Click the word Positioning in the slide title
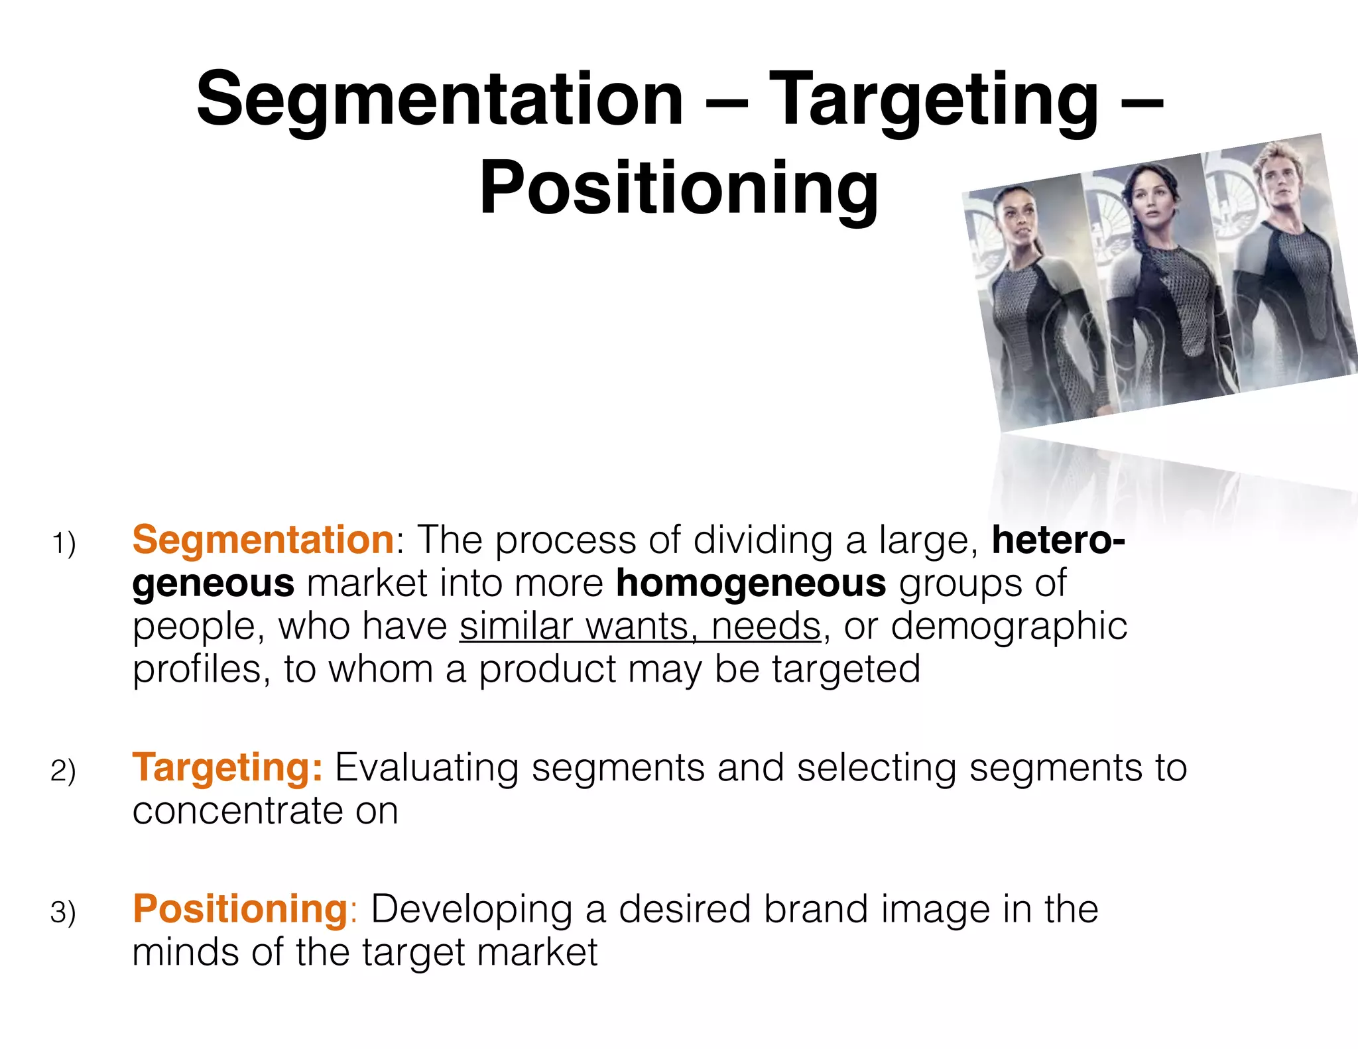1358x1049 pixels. [x=679, y=189]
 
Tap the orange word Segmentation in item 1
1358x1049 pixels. [x=263, y=540]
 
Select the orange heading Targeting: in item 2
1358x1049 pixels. [x=227, y=768]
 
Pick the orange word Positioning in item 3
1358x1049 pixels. [x=240, y=909]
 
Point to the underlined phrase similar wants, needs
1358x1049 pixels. [x=640, y=627]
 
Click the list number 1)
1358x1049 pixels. [x=64, y=544]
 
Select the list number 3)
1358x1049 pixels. [x=64, y=913]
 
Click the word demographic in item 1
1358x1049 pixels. [x=1009, y=627]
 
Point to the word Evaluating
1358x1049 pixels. [x=426, y=768]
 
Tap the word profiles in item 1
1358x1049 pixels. [x=197, y=670]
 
